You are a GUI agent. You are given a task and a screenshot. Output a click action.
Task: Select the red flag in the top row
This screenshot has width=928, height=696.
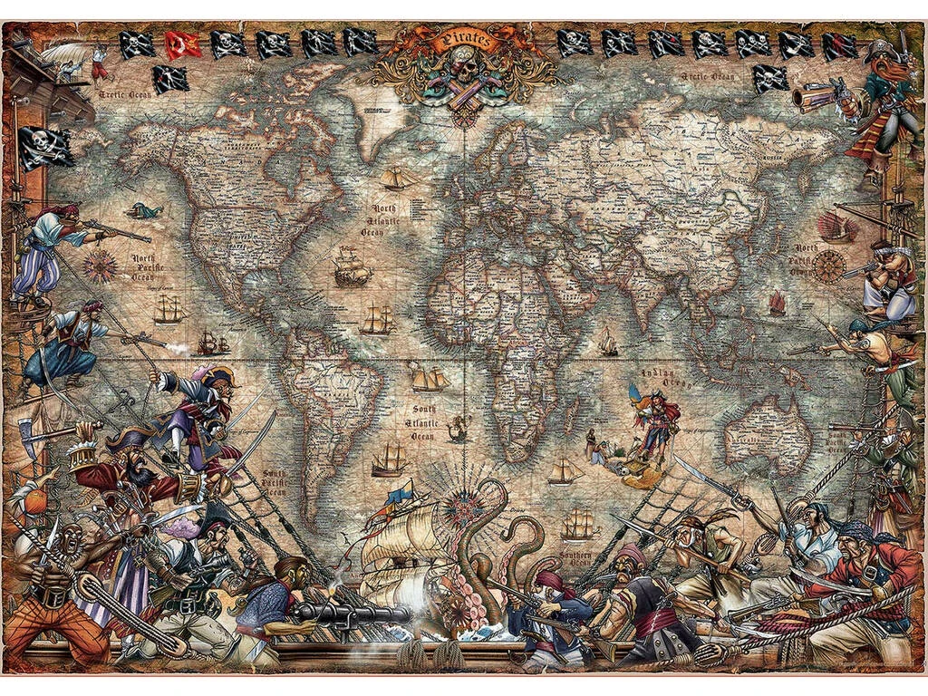click(182, 43)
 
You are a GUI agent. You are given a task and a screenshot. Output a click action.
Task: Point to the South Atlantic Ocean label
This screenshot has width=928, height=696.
click(423, 422)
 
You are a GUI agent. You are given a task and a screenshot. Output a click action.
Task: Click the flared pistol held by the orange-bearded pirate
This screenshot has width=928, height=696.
click(813, 96)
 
